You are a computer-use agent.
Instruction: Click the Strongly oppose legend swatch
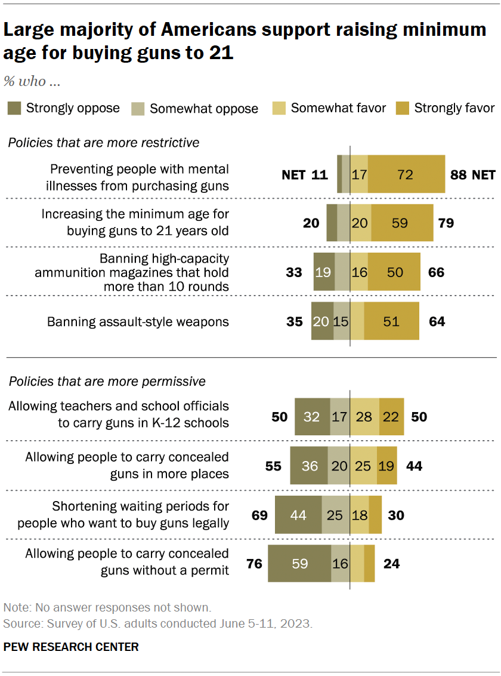coord(14,108)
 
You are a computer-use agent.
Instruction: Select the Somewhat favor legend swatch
coord(279,108)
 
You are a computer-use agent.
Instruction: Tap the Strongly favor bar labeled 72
coord(406,174)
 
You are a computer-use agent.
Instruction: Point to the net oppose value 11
coord(320,174)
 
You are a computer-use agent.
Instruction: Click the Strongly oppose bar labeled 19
coord(324,272)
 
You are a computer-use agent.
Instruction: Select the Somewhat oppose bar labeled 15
coord(341,321)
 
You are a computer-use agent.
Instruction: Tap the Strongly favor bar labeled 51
coord(391,321)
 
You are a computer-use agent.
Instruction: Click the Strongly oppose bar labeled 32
coord(312,416)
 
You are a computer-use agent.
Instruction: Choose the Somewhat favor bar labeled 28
coord(364,416)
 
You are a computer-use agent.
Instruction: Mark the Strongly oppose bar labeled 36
coord(309,465)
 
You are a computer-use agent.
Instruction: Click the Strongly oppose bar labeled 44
coord(298,514)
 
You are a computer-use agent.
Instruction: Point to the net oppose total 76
coord(254,563)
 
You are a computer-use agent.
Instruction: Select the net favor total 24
coord(392,563)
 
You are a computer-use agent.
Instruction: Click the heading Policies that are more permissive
coord(107,381)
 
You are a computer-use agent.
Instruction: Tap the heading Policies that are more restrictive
coord(103,143)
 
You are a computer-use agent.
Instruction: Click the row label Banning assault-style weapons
coord(138,321)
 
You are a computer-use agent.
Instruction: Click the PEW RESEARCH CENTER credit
coord(71,647)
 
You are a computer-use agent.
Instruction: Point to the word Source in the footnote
coord(20,623)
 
